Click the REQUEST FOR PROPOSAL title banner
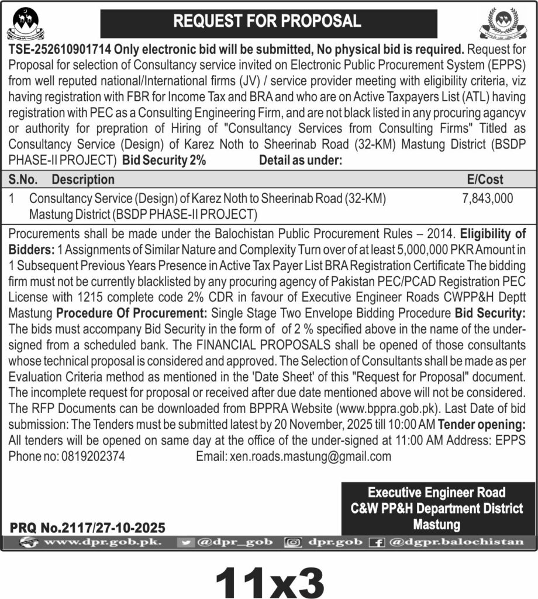[x=268, y=22]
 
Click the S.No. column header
[x=24, y=180]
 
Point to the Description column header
[x=82, y=180]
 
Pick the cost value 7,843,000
[x=487, y=199]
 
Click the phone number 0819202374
[x=92, y=456]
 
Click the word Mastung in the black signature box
[x=436, y=525]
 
